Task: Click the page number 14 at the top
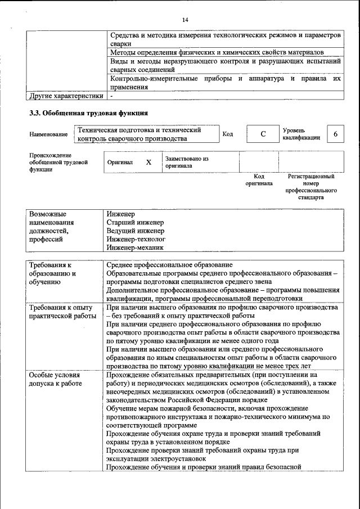click(185, 20)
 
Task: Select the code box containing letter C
click(262, 134)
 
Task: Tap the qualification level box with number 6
click(336, 134)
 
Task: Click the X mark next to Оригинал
click(148, 162)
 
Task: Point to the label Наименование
click(49, 134)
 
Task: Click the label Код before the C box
click(228, 134)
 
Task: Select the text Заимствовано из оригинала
click(187, 163)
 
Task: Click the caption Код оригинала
click(259, 180)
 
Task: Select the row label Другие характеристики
click(66, 96)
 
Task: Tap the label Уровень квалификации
click(301, 134)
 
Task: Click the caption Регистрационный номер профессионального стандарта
click(311, 187)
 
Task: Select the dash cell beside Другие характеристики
click(112, 96)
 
